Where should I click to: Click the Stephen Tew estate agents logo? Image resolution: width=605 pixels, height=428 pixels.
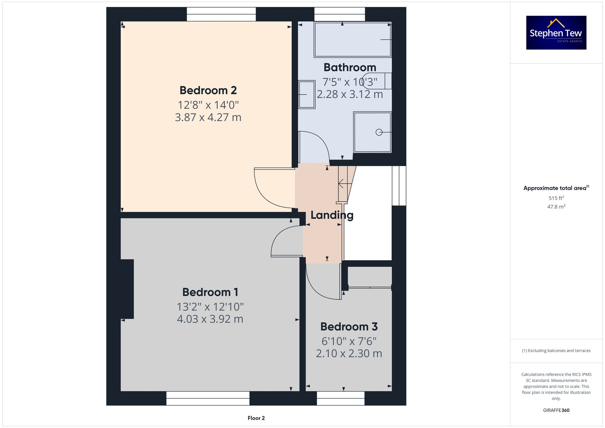pos(556,33)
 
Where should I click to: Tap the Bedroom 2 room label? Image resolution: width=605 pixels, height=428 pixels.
pos(208,90)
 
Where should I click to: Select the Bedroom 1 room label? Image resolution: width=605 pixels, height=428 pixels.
pos(210,292)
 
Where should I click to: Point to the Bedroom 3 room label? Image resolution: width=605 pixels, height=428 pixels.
pos(349,327)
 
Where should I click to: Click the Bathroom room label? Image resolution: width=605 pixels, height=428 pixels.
pos(350,67)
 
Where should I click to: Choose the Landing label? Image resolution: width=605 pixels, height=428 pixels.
pos(332,215)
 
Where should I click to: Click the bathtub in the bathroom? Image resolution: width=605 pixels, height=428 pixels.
pos(352,40)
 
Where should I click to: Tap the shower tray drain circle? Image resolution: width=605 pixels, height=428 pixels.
pos(379,132)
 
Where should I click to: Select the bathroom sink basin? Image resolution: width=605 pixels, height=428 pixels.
pos(306,94)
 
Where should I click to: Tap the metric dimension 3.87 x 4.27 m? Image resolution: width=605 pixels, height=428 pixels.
pos(208,117)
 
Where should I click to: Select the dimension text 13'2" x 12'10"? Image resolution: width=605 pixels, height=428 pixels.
pos(210,307)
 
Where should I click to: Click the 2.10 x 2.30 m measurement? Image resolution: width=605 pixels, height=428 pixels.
pos(349,353)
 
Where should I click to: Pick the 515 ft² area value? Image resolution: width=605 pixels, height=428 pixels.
pos(556,198)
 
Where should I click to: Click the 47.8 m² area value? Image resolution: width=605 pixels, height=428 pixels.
pos(556,207)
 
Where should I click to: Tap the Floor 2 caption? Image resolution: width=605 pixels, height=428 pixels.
pos(256,418)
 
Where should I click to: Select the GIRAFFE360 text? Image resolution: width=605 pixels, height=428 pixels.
pos(556,410)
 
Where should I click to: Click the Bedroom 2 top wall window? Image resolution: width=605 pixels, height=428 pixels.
pos(221,14)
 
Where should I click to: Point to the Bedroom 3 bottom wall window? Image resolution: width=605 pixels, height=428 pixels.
pos(341,398)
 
